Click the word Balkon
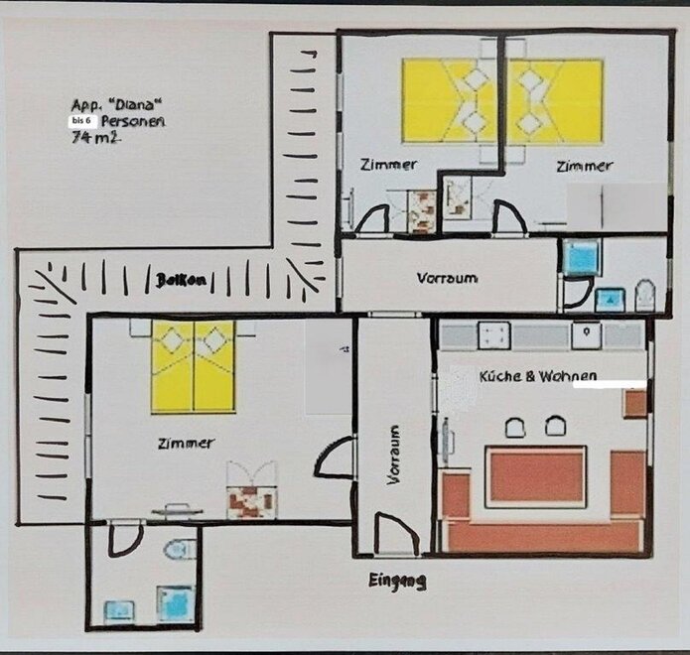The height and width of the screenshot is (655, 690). click(x=181, y=280)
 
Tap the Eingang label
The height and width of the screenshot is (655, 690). click(x=397, y=582)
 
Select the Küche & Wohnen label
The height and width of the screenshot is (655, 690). click(x=538, y=376)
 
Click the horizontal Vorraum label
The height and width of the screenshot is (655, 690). click(x=447, y=279)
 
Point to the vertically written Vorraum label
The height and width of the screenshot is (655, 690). click(x=393, y=455)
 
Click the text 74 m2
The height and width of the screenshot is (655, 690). click(x=96, y=137)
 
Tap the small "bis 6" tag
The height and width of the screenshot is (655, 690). click(x=81, y=120)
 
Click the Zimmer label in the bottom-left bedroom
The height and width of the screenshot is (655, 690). click(x=186, y=444)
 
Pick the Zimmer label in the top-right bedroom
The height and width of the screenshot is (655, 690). click(x=585, y=167)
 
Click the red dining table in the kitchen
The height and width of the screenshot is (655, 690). click(x=536, y=476)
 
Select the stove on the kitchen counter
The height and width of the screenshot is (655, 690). click(x=494, y=335)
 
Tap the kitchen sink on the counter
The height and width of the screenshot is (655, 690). click(x=587, y=335)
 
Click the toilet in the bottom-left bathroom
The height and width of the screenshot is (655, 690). click(x=180, y=549)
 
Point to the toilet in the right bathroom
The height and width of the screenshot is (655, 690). click(x=645, y=296)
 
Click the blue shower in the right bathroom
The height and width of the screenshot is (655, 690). click(x=581, y=258)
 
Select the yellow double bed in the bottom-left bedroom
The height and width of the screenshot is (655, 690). click(x=193, y=367)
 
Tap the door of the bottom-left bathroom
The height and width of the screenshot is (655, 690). click(x=125, y=539)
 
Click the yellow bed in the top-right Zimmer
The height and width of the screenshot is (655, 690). click(x=555, y=101)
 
